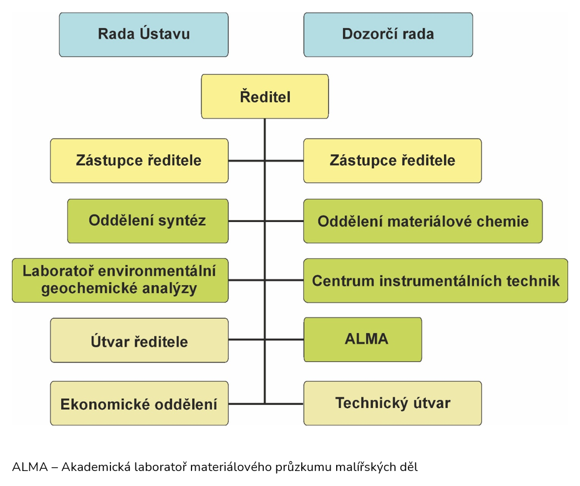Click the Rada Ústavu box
[143, 35]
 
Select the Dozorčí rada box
[388, 35]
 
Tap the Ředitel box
[265, 97]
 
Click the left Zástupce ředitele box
[139, 160]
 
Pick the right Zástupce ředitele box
[392, 160]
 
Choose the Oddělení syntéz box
[148, 221]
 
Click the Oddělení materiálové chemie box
[423, 221]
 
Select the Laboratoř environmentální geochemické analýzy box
[120, 280]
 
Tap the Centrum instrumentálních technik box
[436, 281]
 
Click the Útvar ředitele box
[139, 340]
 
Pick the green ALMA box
[362, 339]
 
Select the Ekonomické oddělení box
[139, 403]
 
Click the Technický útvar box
[392, 403]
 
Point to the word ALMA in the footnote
[30, 467]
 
